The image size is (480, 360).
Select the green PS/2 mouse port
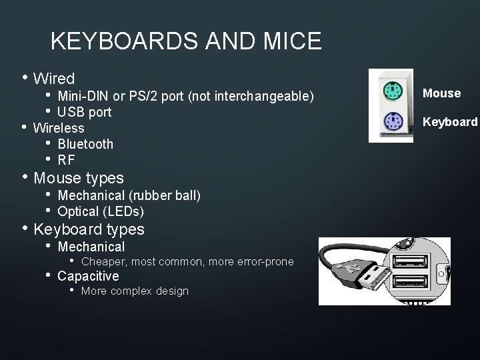tap(391, 91)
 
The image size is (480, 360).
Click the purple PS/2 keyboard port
tap(391, 123)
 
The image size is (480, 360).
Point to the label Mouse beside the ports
tap(441, 93)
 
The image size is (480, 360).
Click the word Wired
tap(54, 79)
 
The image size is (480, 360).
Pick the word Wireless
tap(59, 128)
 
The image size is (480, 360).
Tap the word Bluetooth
tap(85, 144)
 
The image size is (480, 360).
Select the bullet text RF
tap(66, 160)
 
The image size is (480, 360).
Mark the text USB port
tap(84, 112)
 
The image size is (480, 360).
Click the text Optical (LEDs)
tap(101, 212)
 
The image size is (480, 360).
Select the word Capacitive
tap(88, 276)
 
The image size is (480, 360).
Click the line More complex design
tap(135, 291)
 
